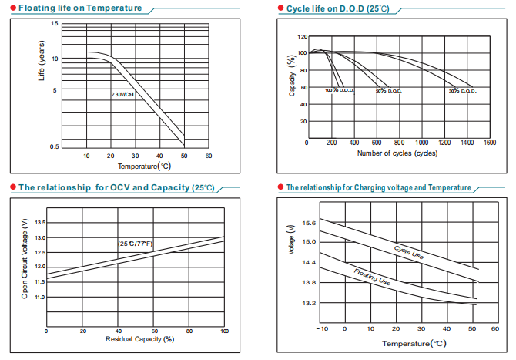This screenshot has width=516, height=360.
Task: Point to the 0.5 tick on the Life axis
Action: tap(54, 146)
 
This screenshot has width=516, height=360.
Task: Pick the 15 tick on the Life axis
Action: tap(55, 24)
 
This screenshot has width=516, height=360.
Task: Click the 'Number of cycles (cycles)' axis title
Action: tap(397, 153)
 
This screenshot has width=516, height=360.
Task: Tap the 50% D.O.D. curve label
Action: tap(389, 91)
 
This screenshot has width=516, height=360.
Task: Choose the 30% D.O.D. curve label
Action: tap(464, 91)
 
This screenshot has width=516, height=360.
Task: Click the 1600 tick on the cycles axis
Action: tap(490, 143)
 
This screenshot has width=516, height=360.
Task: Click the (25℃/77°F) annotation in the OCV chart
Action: tap(136, 244)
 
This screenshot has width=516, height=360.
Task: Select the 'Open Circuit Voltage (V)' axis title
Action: tap(25, 258)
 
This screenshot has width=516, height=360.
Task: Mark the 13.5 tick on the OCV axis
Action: tap(41, 222)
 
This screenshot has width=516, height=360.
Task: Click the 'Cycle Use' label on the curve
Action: tap(408, 251)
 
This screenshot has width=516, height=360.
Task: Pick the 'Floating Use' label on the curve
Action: tap(372, 277)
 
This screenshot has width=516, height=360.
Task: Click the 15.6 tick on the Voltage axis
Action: tap(308, 223)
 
